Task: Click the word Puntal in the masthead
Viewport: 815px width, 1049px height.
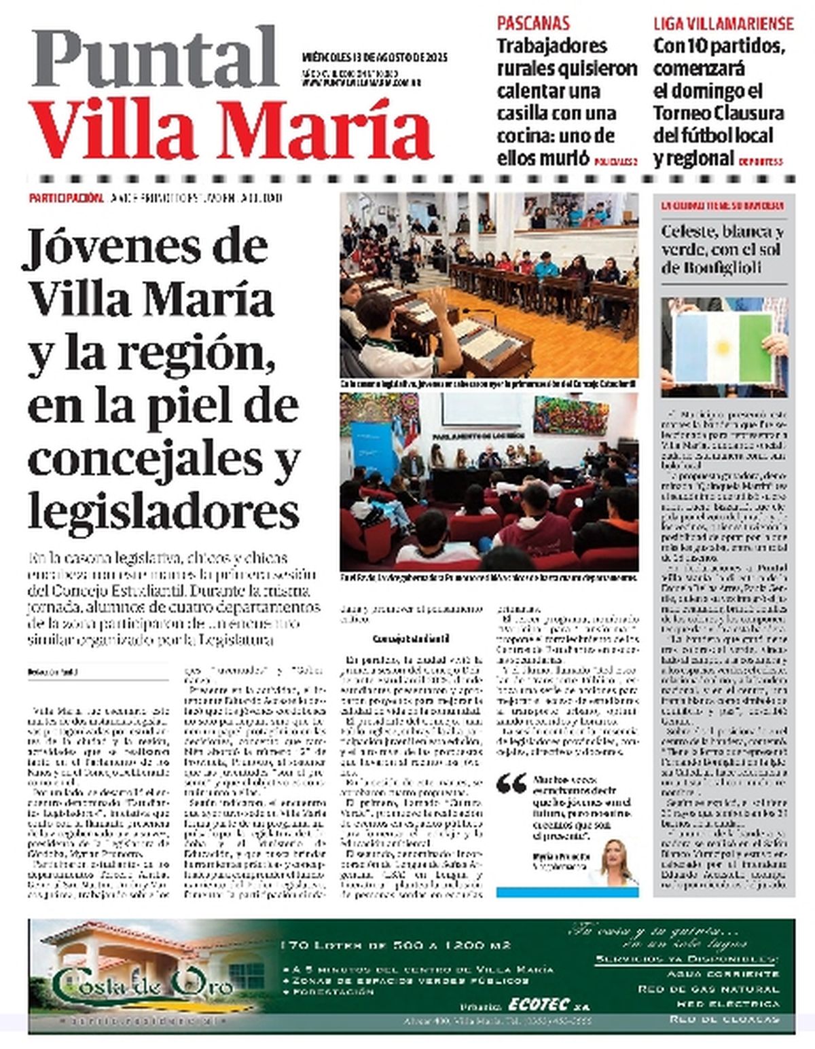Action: point(155,58)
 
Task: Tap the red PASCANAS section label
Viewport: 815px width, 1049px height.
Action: point(533,24)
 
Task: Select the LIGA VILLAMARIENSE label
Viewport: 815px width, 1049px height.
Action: point(723,24)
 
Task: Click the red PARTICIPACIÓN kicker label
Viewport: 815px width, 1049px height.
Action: point(66,198)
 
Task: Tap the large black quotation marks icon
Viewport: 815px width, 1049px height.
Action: point(511,784)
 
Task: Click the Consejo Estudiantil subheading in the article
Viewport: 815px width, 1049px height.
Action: point(402,638)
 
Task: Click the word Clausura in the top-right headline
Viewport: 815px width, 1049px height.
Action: point(753,113)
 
